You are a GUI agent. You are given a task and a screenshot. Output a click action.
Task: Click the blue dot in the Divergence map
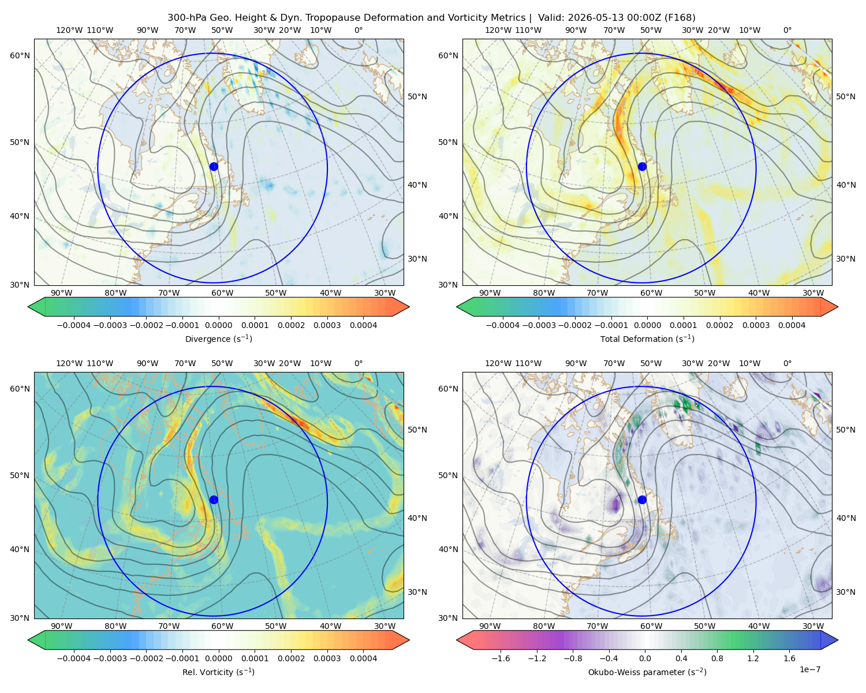214,166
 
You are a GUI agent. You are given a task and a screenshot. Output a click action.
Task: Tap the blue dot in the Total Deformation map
642,166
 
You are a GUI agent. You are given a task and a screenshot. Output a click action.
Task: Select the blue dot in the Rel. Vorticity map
214,500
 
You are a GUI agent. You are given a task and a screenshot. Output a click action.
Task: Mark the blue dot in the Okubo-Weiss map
642,500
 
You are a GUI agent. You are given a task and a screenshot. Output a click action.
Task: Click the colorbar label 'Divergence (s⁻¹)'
218,339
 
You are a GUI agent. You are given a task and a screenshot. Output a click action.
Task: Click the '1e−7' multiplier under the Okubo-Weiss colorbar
809,669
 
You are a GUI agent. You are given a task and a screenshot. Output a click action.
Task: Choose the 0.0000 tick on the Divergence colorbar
218,325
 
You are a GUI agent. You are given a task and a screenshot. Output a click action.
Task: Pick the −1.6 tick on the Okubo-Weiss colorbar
501,658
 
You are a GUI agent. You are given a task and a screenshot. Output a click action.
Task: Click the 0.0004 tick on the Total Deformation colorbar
792,325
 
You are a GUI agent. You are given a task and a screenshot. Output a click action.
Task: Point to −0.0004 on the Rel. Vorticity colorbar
74,658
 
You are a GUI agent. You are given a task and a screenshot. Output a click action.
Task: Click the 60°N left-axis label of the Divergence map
20,55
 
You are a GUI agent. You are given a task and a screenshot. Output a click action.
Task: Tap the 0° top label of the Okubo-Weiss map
787,363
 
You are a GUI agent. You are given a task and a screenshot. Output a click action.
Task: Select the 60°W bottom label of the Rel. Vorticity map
222,626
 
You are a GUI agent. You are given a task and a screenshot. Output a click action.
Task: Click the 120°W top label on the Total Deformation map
498,30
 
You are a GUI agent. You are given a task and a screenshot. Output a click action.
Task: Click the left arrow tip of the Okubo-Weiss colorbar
457,640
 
